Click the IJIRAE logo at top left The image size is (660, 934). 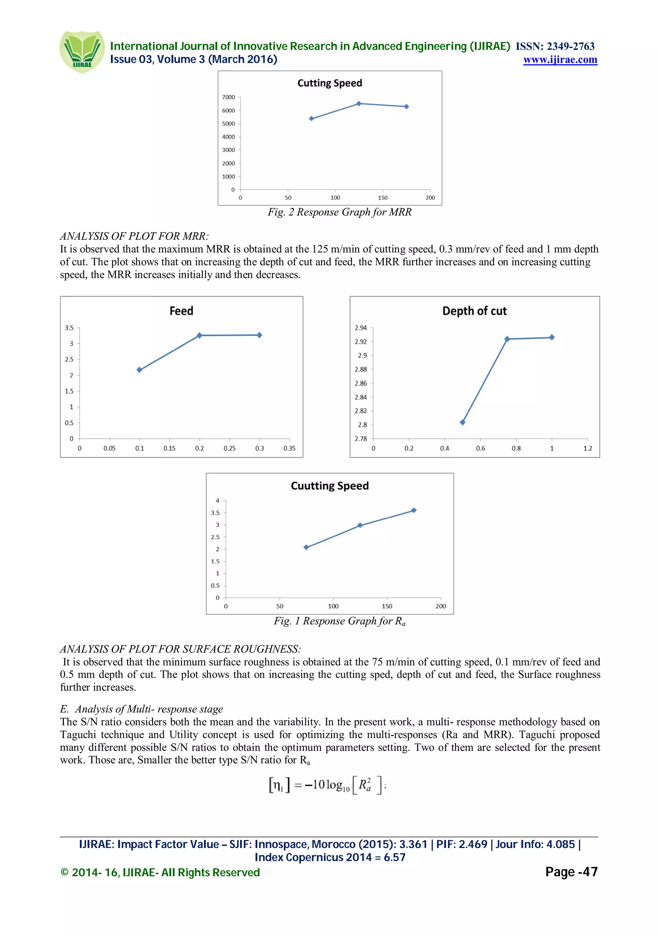[x=82, y=52]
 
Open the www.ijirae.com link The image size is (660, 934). [x=560, y=60]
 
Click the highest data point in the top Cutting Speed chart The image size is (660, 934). [x=359, y=104]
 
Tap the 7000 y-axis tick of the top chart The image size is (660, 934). [x=228, y=97]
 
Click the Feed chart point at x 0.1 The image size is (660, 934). [x=140, y=370]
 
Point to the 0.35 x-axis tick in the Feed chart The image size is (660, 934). [x=289, y=448]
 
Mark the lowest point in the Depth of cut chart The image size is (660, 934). [x=462, y=422]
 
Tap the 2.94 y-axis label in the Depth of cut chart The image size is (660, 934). [x=361, y=328]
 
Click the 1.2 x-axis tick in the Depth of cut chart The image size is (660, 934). [x=587, y=448]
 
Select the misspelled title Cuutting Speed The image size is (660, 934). [x=329, y=486]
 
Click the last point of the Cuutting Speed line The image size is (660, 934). [x=413, y=510]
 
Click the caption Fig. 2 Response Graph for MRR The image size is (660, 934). [x=340, y=212]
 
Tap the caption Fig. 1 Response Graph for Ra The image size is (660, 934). [x=340, y=621]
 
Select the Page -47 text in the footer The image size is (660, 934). [x=571, y=872]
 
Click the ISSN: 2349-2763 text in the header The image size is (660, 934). [x=555, y=46]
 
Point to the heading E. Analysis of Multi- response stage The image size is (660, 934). [x=141, y=709]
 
